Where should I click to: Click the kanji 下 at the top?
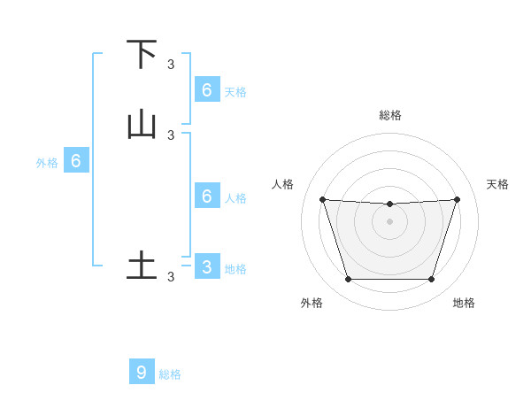pyautogui.click(x=142, y=54)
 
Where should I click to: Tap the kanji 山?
pyautogui.click(x=142, y=125)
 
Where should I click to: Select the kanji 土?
pyautogui.click(x=142, y=266)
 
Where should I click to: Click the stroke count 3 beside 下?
pyautogui.click(x=171, y=64)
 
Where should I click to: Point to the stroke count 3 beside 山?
pyautogui.click(x=171, y=135)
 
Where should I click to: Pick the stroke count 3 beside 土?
pyautogui.click(x=171, y=276)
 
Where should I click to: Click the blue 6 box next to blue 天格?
pyautogui.click(x=206, y=89)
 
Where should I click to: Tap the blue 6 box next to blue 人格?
pyautogui.click(x=206, y=196)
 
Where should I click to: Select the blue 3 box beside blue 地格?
pyautogui.click(x=206, y=266)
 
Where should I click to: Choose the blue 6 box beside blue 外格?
pyautogui.click(x=76, y=161)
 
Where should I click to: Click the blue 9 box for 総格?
pyautogui.click(x=142, y=373)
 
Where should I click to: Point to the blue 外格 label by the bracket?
pyautogui.click(x=47, y=163)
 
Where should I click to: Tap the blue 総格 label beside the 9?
pyautogui.click(x=170, y=374)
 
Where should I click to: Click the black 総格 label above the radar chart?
pyautogui.click(x=390, y=115)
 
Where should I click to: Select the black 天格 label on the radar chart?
pyautogui.click(x=497, y=184)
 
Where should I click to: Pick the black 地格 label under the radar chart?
pyautogui.click(x=464, y=303)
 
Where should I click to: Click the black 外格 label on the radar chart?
pyautogui.click(x=312, y=303)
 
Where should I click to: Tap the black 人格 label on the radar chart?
pyautogui.click(x=283, y=184)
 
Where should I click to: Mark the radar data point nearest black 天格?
pyautogui.click(x=457, y=199)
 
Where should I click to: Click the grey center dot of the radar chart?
pyautogui.click(x=390, y=221)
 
